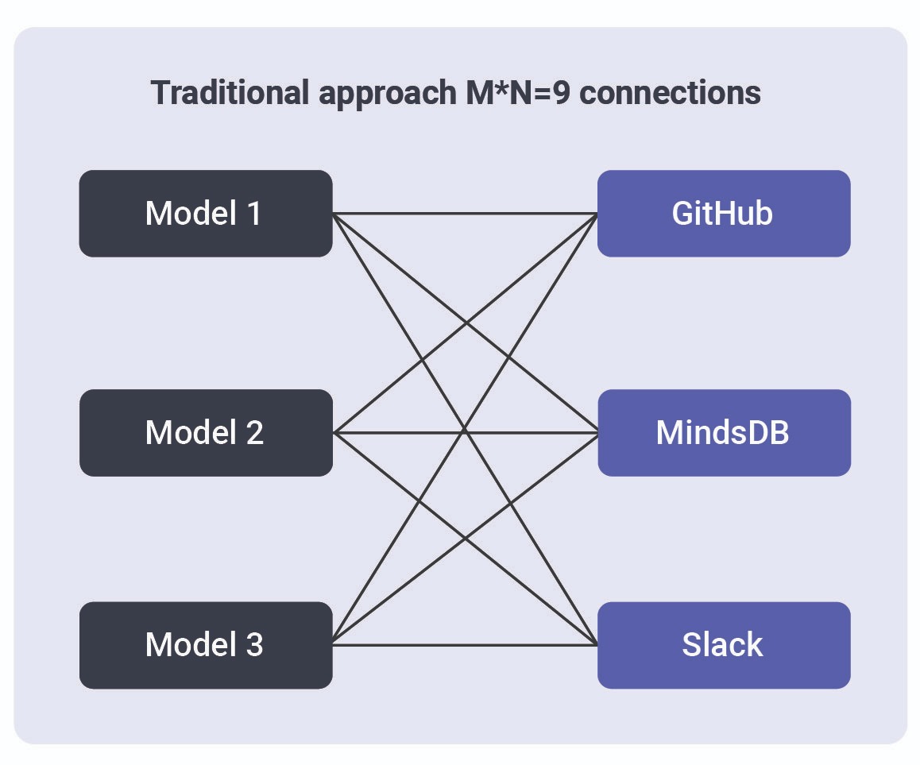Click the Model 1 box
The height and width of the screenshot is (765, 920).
click(x=205, y=213)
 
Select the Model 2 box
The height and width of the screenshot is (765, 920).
click(x=205, y=432)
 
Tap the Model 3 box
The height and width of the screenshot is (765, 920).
click(x=205, y=644)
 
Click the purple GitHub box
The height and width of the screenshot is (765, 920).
click(x=723, y=213)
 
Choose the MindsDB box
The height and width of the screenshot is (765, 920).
click(x=723, y=432)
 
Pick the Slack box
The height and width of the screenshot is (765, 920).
click(x=723, y=644)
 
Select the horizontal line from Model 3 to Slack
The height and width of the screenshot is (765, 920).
click(x=465, y=644)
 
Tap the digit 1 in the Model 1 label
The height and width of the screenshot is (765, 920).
click(x=253, y=213)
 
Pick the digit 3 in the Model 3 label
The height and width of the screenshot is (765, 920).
click(x=254, y=644)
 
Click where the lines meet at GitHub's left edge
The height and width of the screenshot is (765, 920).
click(x=597, y=214)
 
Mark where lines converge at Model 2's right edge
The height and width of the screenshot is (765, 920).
click(x=334, y=433)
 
